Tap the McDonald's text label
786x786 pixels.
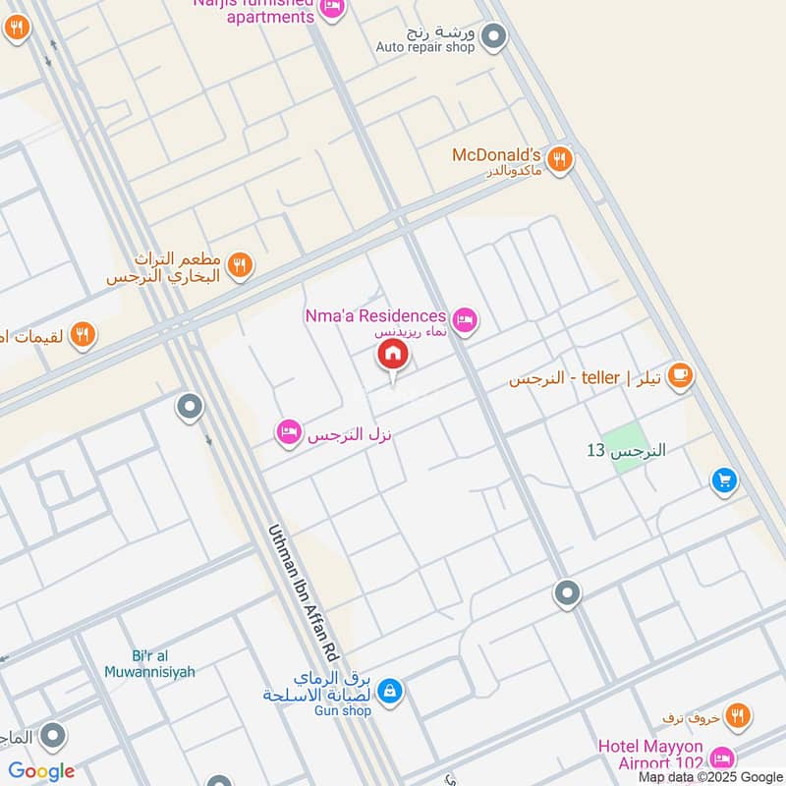point(496,155)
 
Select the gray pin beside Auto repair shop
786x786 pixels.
point(495,38)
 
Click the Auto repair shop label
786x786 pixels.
point(424,47)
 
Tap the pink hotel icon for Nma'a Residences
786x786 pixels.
point(465,317)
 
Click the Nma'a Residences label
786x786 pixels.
point(373,316)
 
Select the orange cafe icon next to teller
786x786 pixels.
point(679,375)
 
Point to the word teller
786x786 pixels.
point(600,377)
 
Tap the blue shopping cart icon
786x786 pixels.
point(724,480)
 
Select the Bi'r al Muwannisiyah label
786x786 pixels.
point(149,664)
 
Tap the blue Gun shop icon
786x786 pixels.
point(390,692)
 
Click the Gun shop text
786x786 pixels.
point(339,710)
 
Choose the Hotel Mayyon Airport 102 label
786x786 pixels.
point(651,755)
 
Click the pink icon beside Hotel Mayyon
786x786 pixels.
point(722,758)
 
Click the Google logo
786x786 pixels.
point(41,771)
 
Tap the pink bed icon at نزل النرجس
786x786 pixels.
point(288,432)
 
